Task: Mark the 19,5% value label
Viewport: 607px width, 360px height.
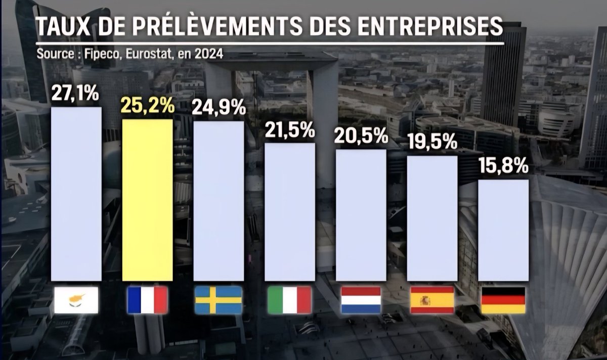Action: pyautogui.click(x=432, y=142)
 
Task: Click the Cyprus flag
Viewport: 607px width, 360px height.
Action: pyautogui.click(x=77, y=301)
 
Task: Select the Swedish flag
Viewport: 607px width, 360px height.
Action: pyautogui.click(x=219, y=301)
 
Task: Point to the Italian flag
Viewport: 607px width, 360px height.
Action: pyautogui.click(x=290, y=301)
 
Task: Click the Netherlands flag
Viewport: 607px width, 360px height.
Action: pyautogui.click(x=361, y=300)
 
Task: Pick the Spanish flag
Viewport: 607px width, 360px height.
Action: pyautogui.click(x=432, y=301)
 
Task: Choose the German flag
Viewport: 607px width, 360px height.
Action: pyautogui.click(x=503, y=301)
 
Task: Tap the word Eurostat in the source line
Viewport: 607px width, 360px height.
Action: pyautogui.click(x=147, y=54)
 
